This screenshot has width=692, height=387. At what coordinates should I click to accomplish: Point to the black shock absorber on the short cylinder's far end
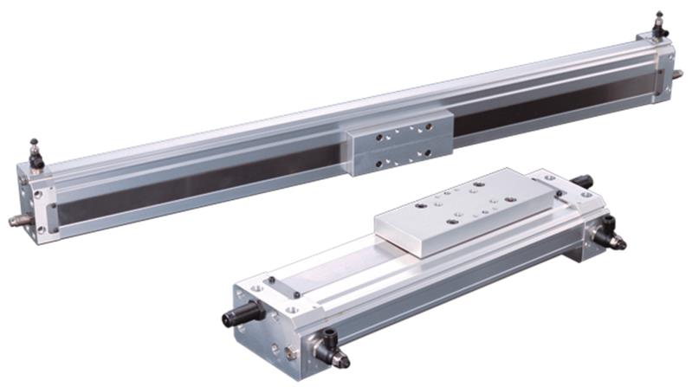point(580,181)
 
